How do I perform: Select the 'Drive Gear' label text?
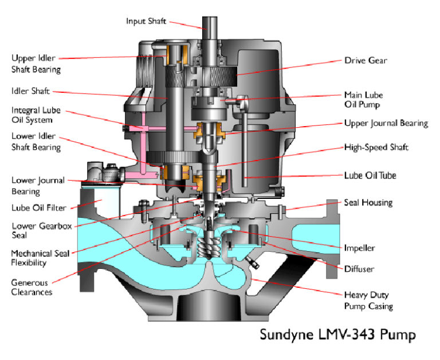tap(364, 60)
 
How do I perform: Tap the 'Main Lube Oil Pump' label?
tap(363, 99)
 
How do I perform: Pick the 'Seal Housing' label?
tap(368, 202)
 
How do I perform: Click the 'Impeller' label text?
tap(359, 248)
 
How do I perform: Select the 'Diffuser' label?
tap(358, 268)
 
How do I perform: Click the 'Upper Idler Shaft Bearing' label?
tap(36, 64)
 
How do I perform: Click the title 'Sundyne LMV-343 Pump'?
tap(338, 334)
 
